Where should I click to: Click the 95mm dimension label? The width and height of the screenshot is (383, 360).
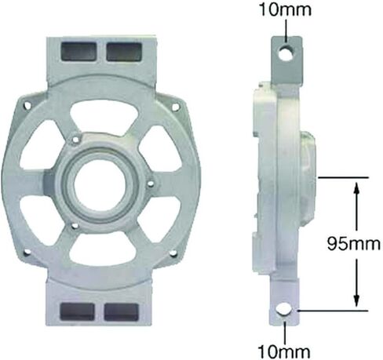pyautogui.click(x=353, y=244)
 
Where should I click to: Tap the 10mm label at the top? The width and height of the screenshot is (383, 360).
pyautogui.click(x=285, y=10)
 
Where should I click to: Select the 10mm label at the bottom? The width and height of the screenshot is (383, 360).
pyautogui.click(x=284, y=351)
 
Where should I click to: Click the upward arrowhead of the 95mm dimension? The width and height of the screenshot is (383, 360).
pyautogui.click(x=356, y=187)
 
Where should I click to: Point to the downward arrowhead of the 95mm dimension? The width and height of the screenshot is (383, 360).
pyautogui.click(x=356, y=300)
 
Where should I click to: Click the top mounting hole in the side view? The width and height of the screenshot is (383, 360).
pyautogui.click(x=287, y=53)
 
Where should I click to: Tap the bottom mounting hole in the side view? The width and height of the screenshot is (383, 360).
pyautogui.click(x=284, y=310)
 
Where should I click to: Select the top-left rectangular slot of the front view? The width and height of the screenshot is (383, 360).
pyautogui.click(x=78, y=52)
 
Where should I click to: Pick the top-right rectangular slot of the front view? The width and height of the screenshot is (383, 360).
pyautogui.click(x=124, y=52)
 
